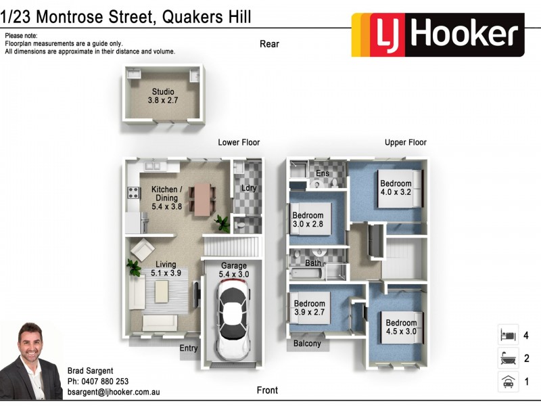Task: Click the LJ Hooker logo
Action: pyautogui.click(x=438, y=35)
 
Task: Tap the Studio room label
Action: pyautogui.click(x=162, y=96)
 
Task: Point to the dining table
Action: pyautogui.click(x=202, y=200)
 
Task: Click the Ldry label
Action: pyautogui.click(x=249, y=188)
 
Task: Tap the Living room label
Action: pyautogui.click(x=166, y=269)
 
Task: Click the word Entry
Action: pyautogui.click(x=189, y=348)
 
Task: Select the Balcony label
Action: pyautogui.click(x=307, y=344)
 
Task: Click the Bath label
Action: pyautogui.click(x=313, y=263)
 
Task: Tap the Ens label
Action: pyautogui.click(x=323, y=174)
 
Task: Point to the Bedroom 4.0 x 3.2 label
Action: pyautogui.click(x=396, y=187)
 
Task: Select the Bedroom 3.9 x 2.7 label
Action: pyautogui.click(x=309, y=308)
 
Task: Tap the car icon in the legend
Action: pyautogui.click(x=507, y=382)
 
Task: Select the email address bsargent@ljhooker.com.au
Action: pyautogui.click(x=114, y=392)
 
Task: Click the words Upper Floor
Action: pyautogui.click(x=406, y=143)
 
